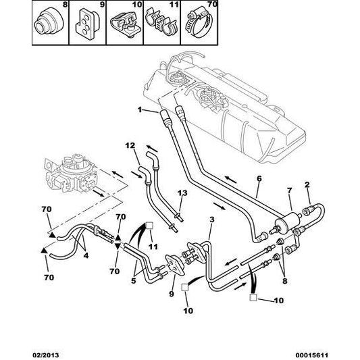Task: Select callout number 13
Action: [181, 193]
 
